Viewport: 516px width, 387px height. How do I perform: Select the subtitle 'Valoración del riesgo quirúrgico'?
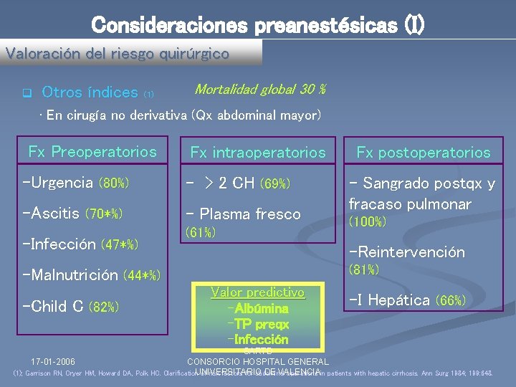[118, 53]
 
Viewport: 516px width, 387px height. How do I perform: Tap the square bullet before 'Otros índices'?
[27, 93]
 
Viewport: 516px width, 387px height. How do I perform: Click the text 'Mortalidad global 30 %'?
[260, 90]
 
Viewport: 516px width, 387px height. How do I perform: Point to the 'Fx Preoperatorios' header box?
[92, 151]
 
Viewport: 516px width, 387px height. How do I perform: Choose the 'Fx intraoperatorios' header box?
[257, 152]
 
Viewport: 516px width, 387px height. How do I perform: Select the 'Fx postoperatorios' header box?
[424, 152]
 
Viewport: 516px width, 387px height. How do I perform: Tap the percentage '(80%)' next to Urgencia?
[113, 183]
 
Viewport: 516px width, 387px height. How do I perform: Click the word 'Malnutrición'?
[73, 274]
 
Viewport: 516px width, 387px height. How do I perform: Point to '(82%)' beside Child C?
[103, 307]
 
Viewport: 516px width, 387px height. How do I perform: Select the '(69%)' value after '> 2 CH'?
[274, 183]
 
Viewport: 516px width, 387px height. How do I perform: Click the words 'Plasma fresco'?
[250, 214]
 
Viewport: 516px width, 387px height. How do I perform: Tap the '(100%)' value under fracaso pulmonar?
[367, 222]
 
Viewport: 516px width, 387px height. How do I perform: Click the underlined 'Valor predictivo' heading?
[258, 292]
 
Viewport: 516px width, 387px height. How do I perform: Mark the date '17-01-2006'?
[53, 361]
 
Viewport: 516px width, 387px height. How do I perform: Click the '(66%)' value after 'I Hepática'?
[451, 300]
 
